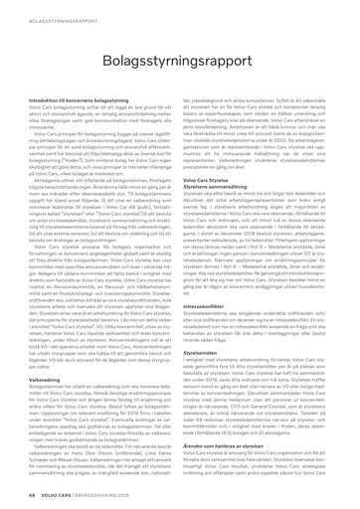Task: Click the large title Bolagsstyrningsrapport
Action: coord(179,51)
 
